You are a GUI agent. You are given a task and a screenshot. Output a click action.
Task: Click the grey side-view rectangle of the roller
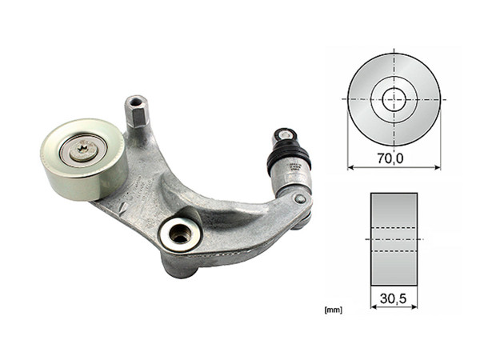point(394,238)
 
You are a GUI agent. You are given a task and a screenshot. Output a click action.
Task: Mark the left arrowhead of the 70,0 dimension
point(350,169)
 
